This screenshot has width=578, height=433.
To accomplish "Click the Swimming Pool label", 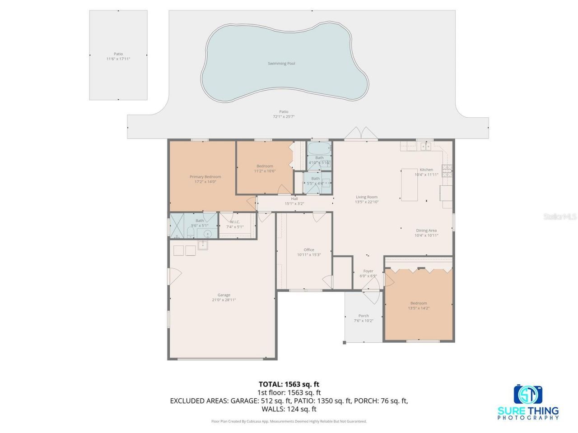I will coord(281,64).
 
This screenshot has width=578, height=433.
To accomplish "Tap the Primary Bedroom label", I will coord(205,177).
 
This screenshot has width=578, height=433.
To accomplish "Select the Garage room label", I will coord(224,295).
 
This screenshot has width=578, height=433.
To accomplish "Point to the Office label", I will coord(309,250).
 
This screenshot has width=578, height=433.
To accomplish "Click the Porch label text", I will coord(364,316).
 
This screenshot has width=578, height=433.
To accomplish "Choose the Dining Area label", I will coord(426,230).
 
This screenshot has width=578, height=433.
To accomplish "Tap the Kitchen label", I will coord(426,170).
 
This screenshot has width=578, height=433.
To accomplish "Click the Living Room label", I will coord(366,197).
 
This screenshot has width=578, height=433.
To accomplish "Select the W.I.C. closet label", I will coord(235,222).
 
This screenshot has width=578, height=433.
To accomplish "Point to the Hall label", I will coord(294,198).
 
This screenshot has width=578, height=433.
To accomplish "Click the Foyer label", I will coord(368,271).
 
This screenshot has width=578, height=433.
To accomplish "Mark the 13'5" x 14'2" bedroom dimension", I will coord(418,309).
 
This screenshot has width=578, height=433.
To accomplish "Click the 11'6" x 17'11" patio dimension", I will coord(118,59).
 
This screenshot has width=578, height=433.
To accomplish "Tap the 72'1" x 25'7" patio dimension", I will coord(284,116).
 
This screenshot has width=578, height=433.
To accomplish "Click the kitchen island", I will coord(410,185).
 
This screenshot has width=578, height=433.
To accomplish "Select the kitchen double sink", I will coord(425,146).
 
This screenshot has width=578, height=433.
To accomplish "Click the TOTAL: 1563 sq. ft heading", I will coord(289,384).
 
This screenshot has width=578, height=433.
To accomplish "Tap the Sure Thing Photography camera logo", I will coord(528,395).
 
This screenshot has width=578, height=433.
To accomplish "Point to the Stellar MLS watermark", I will coord(560,217).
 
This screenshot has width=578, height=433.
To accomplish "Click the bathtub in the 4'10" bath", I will coord(319,148).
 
